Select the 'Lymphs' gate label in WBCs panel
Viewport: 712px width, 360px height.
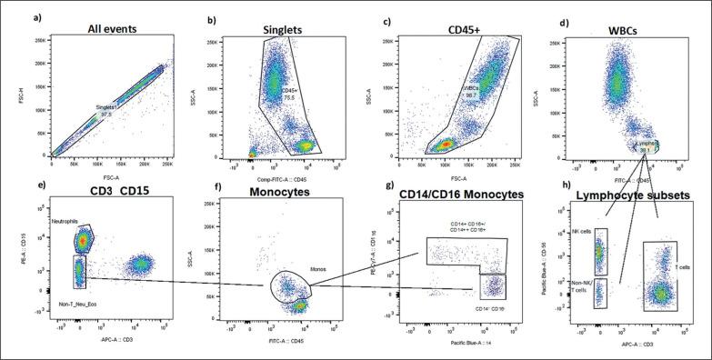click(x=645, y=144)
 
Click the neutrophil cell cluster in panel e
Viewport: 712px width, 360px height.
click(x=83, y=240)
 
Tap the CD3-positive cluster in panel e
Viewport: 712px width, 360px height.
click(x=142, y=265)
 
